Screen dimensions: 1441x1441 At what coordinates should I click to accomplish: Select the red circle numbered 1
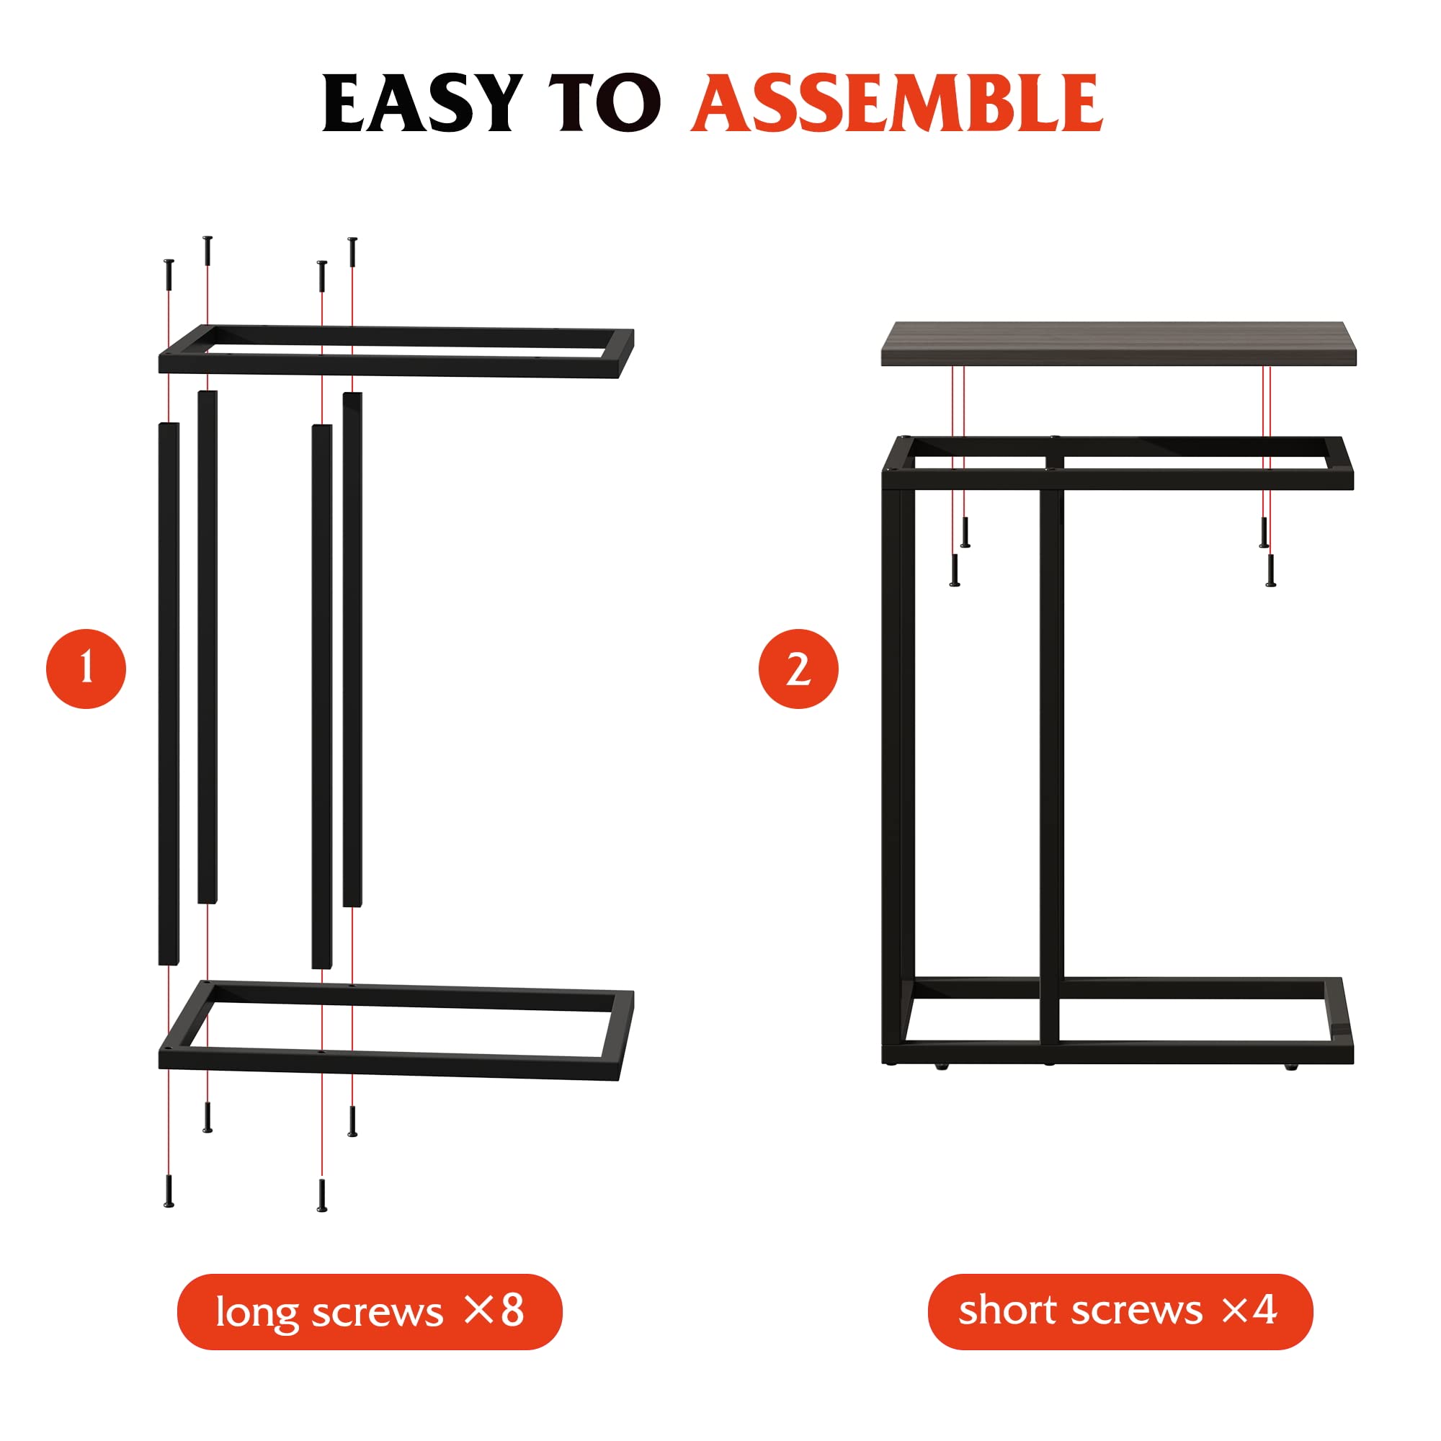86,669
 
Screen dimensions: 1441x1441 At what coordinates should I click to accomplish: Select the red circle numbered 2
798,669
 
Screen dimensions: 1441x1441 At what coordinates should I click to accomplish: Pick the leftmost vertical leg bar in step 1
169,694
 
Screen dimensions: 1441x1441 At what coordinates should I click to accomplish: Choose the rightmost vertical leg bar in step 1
353,649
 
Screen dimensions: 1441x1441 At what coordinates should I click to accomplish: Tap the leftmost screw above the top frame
169,275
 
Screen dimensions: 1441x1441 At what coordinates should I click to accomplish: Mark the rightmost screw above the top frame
353,252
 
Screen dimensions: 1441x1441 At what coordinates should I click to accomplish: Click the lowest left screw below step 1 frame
169,1191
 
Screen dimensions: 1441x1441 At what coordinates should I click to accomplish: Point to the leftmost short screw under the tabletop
954,570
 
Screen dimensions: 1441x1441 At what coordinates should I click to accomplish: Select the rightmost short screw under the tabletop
1271,570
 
